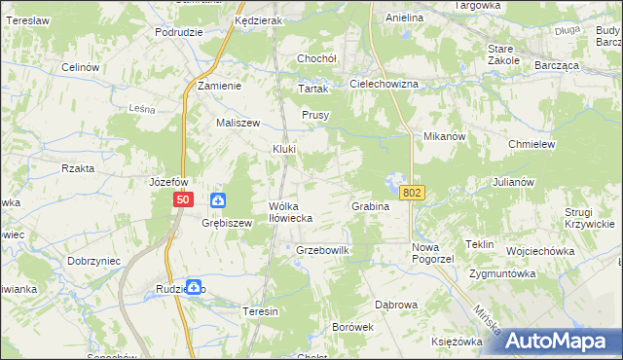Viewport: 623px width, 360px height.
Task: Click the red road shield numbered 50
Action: click(x=183, y=199)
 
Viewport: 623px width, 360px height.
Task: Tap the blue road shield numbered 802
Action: click(x=412, y=193)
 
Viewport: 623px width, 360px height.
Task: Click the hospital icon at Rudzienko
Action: click(x=195, y=288)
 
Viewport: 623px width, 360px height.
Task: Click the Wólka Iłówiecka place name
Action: click(x=290, y=212)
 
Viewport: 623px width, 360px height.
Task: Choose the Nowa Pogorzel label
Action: click(x=433, y=253)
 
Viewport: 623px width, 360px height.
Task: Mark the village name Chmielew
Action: click(x=531, y=143)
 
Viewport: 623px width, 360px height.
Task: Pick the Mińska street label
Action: click(x=487, y=322)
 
